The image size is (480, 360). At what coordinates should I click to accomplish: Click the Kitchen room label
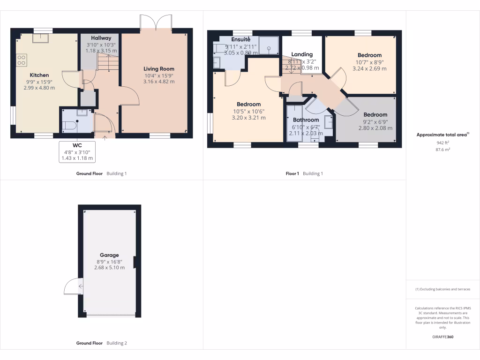click(39, 75)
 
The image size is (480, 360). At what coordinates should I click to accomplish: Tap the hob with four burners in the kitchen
click(22, 60)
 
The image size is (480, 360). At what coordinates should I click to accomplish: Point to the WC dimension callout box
click(78, 152)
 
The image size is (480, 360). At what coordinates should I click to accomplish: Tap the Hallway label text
click(101, 38)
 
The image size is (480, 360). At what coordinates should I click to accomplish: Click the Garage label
click(109, 255)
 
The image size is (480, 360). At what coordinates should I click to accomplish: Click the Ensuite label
click(240, 39)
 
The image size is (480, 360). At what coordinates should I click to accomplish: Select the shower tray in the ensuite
click(269, 47)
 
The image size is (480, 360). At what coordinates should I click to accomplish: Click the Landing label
click(302, 54)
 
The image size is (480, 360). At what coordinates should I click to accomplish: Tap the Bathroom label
click(306, 120)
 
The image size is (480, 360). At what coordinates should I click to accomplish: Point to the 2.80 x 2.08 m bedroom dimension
click(375, 127)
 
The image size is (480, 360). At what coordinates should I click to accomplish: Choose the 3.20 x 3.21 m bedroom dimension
click(248, 118)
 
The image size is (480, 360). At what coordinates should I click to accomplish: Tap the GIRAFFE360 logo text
click(442, 337)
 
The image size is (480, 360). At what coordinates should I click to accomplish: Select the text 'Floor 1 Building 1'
click(304, 173)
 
